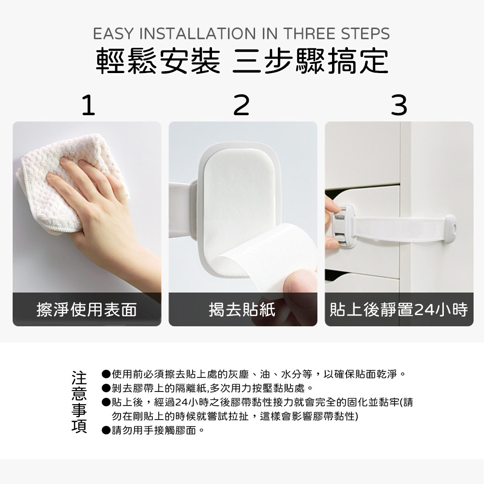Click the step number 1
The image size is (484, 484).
click(89, 105)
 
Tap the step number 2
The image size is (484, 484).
click(242, 105)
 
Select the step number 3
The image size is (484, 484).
click(399, 105)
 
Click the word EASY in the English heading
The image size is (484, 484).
click(113, 34)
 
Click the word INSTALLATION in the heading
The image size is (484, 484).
click(197, 34)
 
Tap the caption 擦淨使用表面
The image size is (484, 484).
click(87, 309)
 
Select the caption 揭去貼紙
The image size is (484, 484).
click(242, 309)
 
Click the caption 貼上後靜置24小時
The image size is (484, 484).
click(399, 309)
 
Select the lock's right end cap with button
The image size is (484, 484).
click(450, 229)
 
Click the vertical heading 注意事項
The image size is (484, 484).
click(79, 402)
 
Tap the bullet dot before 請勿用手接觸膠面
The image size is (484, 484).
click(106, 430)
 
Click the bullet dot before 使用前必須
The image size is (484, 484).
click(106, 374)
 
